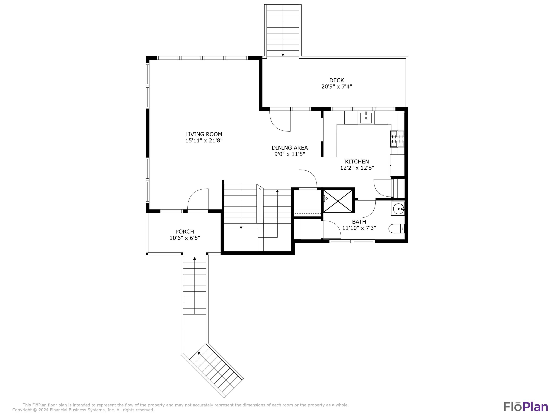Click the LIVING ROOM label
(204, 134)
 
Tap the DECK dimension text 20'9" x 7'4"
(337, 87)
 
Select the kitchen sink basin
(366, 118)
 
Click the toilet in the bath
(396, 229)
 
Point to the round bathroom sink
(398, 209)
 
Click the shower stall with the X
(338, 201)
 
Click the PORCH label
(185, 231)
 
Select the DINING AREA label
(290, 148)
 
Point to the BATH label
(359, 222)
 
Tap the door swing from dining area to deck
(280, 121)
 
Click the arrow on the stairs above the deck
(283, 55)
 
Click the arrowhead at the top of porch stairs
(195, 258)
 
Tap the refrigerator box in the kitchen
(397, 165)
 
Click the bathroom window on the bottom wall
(352, 241)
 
